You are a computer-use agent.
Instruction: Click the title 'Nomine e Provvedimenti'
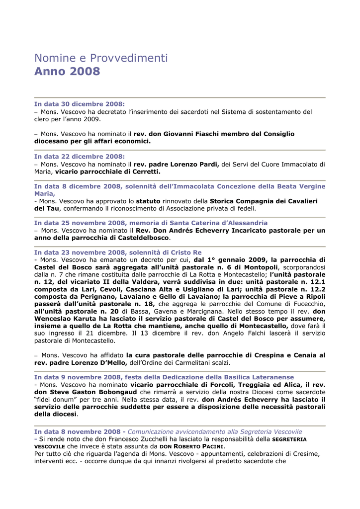pos(101,58)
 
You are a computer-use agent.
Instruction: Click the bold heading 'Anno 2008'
pos(67,72)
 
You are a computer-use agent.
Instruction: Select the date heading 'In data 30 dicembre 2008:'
pos(79,104)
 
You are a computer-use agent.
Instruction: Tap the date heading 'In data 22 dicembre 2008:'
pos(79,157)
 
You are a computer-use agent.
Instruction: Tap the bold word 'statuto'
pos(148,201)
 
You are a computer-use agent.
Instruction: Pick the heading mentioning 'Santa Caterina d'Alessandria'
pos(151,223)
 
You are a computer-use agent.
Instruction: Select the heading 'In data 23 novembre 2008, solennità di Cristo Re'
pos(118,253)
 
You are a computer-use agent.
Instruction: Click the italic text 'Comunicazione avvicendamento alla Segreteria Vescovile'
pos(215,431)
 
